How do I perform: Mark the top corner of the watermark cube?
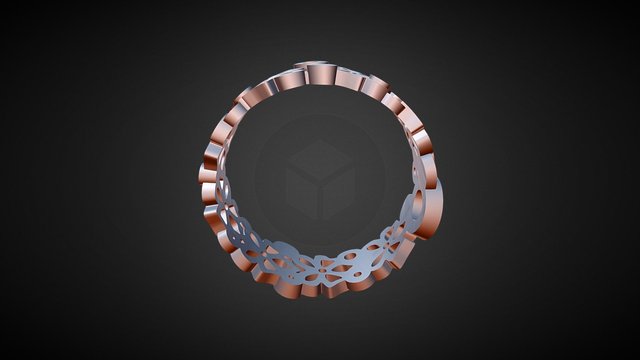[x=319, y=139]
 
